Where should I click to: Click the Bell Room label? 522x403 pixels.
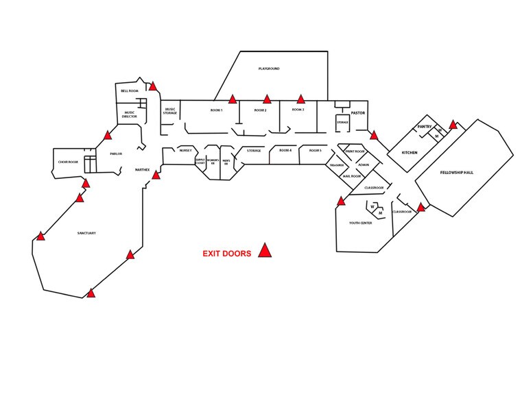pos(130,90)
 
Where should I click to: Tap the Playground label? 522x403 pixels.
pos(269,69)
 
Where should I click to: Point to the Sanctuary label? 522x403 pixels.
pos(86,234)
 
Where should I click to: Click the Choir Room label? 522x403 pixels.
pos(67,162)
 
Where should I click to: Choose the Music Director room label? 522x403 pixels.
pos(130,114)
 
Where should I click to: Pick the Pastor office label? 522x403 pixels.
pos(358,112)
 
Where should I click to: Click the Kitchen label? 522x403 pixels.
pos(410,152)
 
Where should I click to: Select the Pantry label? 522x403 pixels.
pos(425,127)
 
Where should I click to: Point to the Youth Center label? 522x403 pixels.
pos(360,223)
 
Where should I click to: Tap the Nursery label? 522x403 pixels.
pos(185,150)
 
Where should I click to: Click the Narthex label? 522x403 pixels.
pos(142,169)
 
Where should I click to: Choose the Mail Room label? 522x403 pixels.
pos(342,175)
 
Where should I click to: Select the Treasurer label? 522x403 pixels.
pos(336,165)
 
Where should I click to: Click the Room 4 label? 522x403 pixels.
pos(285,150)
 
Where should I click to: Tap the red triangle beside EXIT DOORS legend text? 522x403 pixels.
pos(265,251)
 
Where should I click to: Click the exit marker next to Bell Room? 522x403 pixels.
pos(154,86)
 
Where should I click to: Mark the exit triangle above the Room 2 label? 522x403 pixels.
pos(267,99)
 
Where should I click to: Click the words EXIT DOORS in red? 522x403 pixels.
pos(226,254)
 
